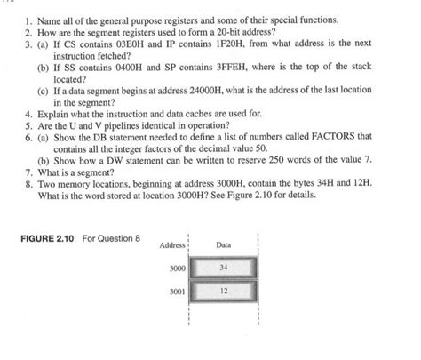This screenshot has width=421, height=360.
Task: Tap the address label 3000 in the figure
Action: [x=179, y=267]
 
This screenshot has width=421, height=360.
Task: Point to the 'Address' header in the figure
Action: [x=172, y=244]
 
